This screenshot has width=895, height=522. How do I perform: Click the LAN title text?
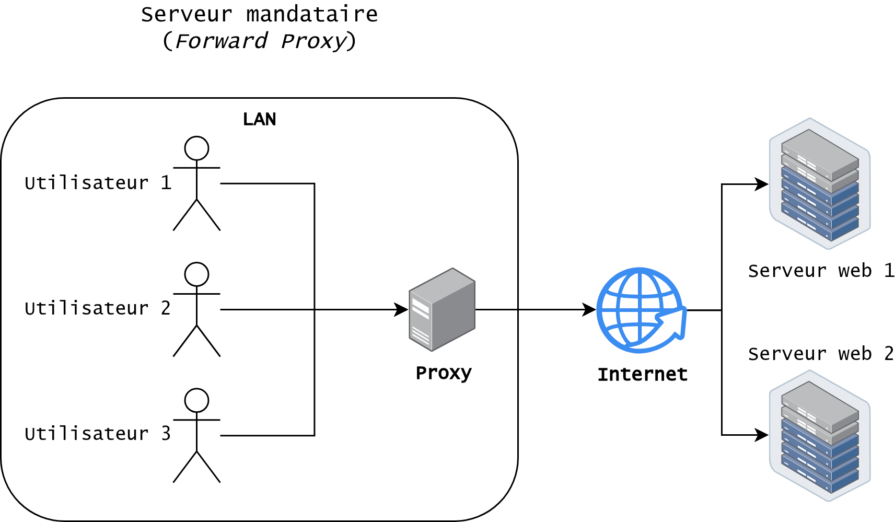259,120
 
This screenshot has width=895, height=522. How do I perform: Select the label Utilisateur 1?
98,183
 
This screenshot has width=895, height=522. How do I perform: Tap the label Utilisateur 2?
98,308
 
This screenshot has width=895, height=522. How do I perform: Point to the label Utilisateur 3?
98,434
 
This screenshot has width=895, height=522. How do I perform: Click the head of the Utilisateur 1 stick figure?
196,148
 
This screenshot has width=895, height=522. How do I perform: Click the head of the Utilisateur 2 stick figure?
196,274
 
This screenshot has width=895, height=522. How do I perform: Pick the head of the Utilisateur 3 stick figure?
196,400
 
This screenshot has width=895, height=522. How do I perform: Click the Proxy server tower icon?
442,309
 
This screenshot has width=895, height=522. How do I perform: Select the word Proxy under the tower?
444,373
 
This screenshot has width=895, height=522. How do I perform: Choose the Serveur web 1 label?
821,271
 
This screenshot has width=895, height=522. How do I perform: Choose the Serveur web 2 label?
821,354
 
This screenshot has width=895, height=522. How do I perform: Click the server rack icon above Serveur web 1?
820,183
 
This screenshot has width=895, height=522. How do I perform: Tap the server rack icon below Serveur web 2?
820,436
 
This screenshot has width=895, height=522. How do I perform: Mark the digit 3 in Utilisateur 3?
166,434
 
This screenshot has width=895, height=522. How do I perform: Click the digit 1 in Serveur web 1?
889,271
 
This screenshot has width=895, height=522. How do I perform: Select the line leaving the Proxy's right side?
496,310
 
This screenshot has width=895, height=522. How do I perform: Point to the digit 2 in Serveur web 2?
889,354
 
